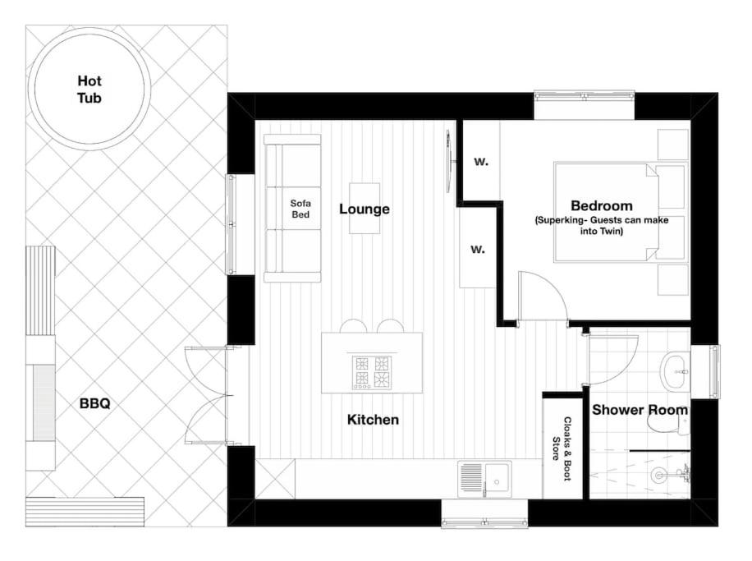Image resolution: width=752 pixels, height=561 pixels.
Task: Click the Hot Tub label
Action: [x=89, y=90]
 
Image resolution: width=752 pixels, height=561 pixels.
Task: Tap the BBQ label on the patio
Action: [x=94, y=403]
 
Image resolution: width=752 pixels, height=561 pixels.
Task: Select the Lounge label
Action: [x=365, y=209]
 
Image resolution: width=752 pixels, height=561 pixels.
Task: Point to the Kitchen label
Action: [x=373, y=420]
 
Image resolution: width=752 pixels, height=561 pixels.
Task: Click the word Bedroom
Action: [x=602, y=206]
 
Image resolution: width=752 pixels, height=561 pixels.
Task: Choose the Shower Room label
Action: [x=640, y=410]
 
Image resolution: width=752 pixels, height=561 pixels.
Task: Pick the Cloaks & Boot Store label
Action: [x=562, y=448]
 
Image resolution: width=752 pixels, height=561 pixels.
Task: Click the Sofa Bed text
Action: [x=300, y=209]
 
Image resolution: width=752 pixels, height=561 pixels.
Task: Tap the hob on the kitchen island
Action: [x=373, y=372]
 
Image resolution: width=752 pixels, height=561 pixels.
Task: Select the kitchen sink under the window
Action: [x=485, y=479]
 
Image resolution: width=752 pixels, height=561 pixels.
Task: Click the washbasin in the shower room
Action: [x=675, y=371]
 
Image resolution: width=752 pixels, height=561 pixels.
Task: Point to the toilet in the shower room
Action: [x=668, y=424]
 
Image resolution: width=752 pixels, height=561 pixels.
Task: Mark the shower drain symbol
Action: [x=659, y=475]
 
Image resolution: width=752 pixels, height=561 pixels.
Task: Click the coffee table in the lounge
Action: [x=365, y=209]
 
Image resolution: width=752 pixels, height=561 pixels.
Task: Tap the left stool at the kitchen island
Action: [x=354, y=326]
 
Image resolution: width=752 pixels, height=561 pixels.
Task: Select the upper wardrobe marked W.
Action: [x=481, y=160]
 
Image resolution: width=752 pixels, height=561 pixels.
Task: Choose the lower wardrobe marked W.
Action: [x=478, y=248]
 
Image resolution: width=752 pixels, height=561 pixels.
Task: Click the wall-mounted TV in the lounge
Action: [x=449, y=161]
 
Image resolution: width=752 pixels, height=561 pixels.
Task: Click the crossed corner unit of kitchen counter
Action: [x=275, y=479]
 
